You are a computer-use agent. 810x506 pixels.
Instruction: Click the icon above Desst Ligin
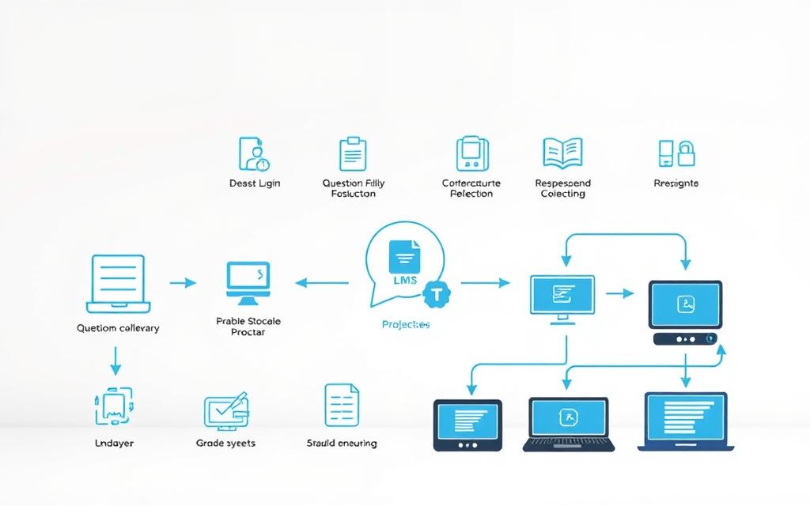click(255, 153)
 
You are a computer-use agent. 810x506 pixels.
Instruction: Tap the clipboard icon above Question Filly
click(352, 153)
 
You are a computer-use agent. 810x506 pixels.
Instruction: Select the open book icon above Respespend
click(562, 153)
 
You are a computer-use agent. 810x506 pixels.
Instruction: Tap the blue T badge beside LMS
click(435, 294)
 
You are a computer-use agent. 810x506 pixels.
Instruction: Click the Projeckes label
click(405, 325)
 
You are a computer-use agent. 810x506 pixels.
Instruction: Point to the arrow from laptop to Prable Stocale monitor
click(183, 282)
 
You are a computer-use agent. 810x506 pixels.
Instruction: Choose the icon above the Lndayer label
click(114, 407)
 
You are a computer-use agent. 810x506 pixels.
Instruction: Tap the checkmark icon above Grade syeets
click(225, 410)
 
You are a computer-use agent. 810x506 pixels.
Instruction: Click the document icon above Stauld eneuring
click(341, 406)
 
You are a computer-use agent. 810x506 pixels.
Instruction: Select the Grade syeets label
click(225, 444)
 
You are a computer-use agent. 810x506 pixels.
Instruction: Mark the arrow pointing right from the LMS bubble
click(485, 281)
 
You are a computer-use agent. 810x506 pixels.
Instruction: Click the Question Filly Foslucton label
click(354, 188)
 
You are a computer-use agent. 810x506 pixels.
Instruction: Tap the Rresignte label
click(676, 183)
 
